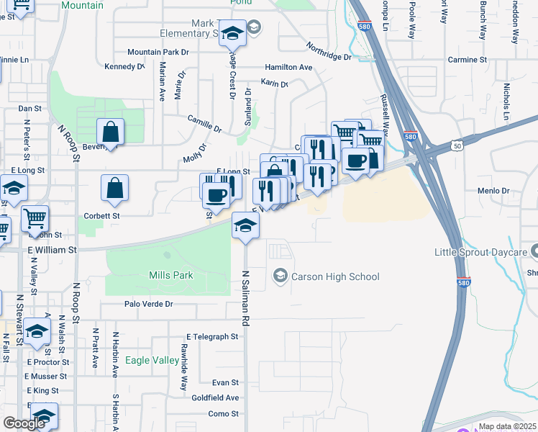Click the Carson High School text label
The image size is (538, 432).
click(334, 276)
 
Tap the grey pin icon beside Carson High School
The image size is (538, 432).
click(279, 276)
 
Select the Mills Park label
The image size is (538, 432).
click(171, 275)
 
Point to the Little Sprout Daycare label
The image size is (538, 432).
click(479, 252)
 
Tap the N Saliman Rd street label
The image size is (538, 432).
click(245, 299)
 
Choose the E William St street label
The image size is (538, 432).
click(52, 250)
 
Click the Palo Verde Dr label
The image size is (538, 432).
click(149, 304)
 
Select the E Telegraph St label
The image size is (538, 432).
click(211, 336)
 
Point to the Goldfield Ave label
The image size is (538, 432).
click(215, 397)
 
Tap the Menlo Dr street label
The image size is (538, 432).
click(493, 191)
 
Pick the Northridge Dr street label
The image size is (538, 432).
click(328, 50)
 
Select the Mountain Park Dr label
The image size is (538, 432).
click(158, 52)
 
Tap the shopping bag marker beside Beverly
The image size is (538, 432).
click(110, 132)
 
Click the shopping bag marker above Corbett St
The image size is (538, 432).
click(114, 188)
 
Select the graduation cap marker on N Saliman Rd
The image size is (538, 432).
click(245, 226)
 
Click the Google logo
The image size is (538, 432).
click(24, 423)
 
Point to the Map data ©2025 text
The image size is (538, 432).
click(507, 426)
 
